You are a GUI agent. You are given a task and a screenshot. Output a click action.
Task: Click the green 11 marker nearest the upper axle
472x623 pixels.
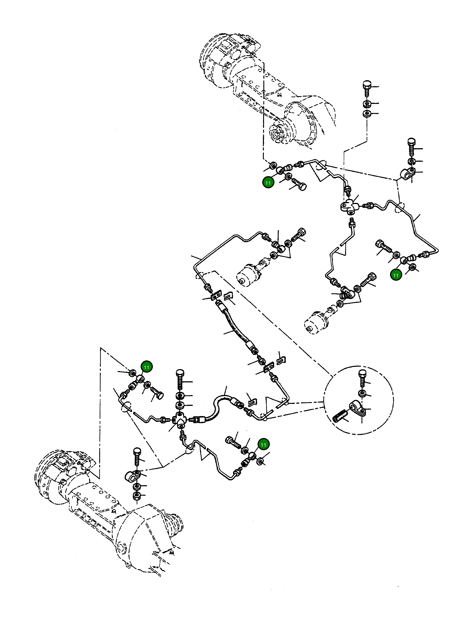(x=268, y=183)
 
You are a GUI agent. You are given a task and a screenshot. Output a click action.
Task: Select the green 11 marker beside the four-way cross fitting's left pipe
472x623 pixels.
(x=146, y=367)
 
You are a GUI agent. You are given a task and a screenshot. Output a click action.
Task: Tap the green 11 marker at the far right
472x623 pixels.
(x=396, y=275)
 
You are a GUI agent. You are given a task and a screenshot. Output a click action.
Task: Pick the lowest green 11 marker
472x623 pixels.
(x=263, y=445)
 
